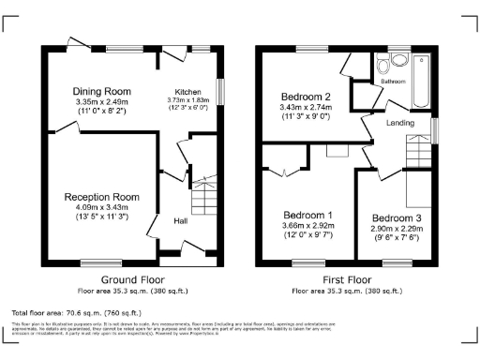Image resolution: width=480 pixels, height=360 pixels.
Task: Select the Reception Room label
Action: tap(101, 197)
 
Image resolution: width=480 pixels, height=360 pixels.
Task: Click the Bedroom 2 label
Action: tap(307, 97)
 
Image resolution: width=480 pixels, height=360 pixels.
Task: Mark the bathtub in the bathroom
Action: tap(419, 81)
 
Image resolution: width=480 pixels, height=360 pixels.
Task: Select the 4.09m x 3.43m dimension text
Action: tap(101, 207)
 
